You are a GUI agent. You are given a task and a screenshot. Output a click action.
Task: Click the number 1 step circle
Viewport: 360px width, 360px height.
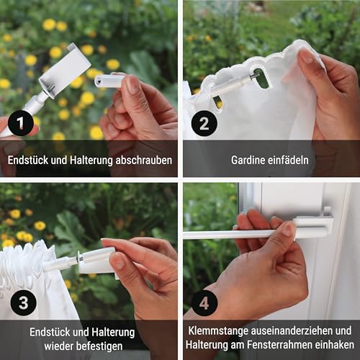22,124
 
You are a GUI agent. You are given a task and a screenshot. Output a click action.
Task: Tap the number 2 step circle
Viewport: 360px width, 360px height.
204,124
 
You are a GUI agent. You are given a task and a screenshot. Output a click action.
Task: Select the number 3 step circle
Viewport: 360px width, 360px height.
22,303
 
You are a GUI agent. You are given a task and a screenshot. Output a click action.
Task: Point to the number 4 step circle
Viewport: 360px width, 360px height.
204,303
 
